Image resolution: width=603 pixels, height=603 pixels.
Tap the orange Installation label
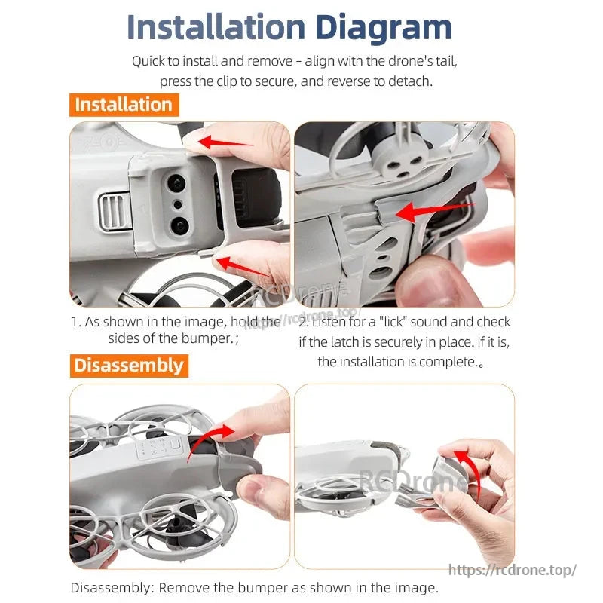pos(124,105)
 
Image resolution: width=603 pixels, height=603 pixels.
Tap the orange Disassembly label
pos(129,366)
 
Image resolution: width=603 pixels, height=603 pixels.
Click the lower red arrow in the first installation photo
pos(241,265)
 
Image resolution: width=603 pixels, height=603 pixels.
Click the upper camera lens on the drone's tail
pos(176,182)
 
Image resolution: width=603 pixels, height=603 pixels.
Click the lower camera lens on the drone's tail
pos(178,225)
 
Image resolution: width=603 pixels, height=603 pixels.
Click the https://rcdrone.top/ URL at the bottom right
pos(513,571)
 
